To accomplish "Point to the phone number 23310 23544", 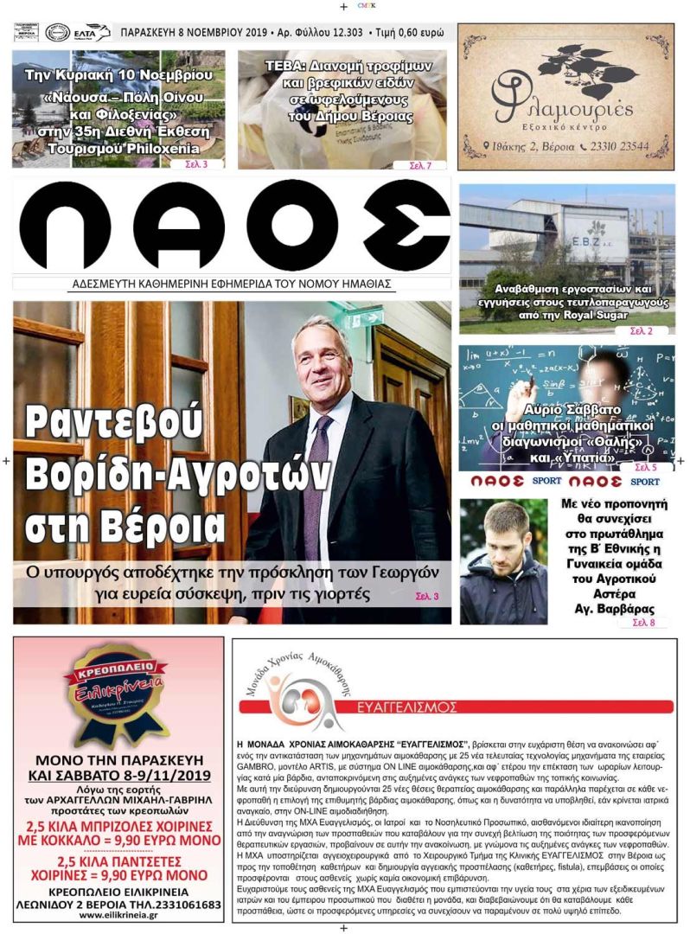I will click(x=621, y=146).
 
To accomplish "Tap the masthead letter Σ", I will click(x=406, y=227).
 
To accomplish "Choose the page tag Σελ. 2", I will click(x=642, y=330).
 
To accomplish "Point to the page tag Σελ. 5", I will click(x=634, y=467).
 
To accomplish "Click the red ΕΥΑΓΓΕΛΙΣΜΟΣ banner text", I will click(x=407, y=707).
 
